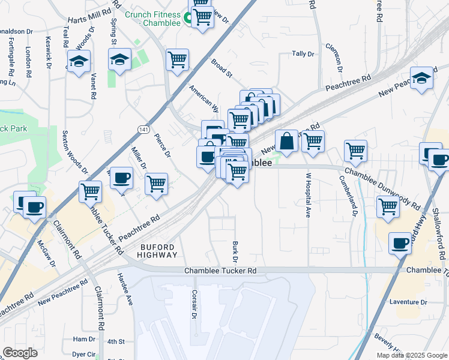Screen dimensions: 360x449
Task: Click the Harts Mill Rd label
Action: (x=89, y=12)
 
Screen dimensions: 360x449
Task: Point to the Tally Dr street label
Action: (x=303, y=54)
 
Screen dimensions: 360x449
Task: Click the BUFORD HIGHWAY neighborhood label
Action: (x=159, y=251)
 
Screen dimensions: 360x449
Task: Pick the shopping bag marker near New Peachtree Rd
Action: (x=287, y=142)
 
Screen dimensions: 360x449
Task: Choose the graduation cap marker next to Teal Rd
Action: (x=79, y=61)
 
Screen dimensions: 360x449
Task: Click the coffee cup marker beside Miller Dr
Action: (x=121, y=178)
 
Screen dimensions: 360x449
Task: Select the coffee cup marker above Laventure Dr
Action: (x=400, y=243)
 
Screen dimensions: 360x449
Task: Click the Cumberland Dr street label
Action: (x=348, y=196)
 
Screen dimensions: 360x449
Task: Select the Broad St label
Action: (x=221, y=68)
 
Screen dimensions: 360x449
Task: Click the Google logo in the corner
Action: (x=20, y=353)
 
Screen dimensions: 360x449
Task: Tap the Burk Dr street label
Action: (x=235, y=251)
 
